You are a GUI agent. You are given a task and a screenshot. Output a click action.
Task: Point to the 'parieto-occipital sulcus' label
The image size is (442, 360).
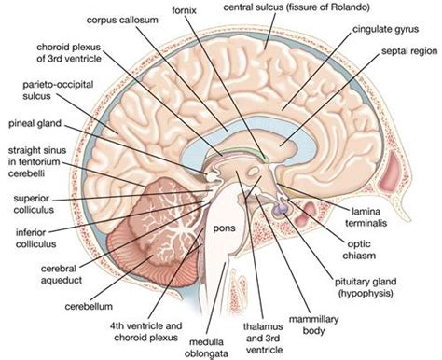click(39, 90)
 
